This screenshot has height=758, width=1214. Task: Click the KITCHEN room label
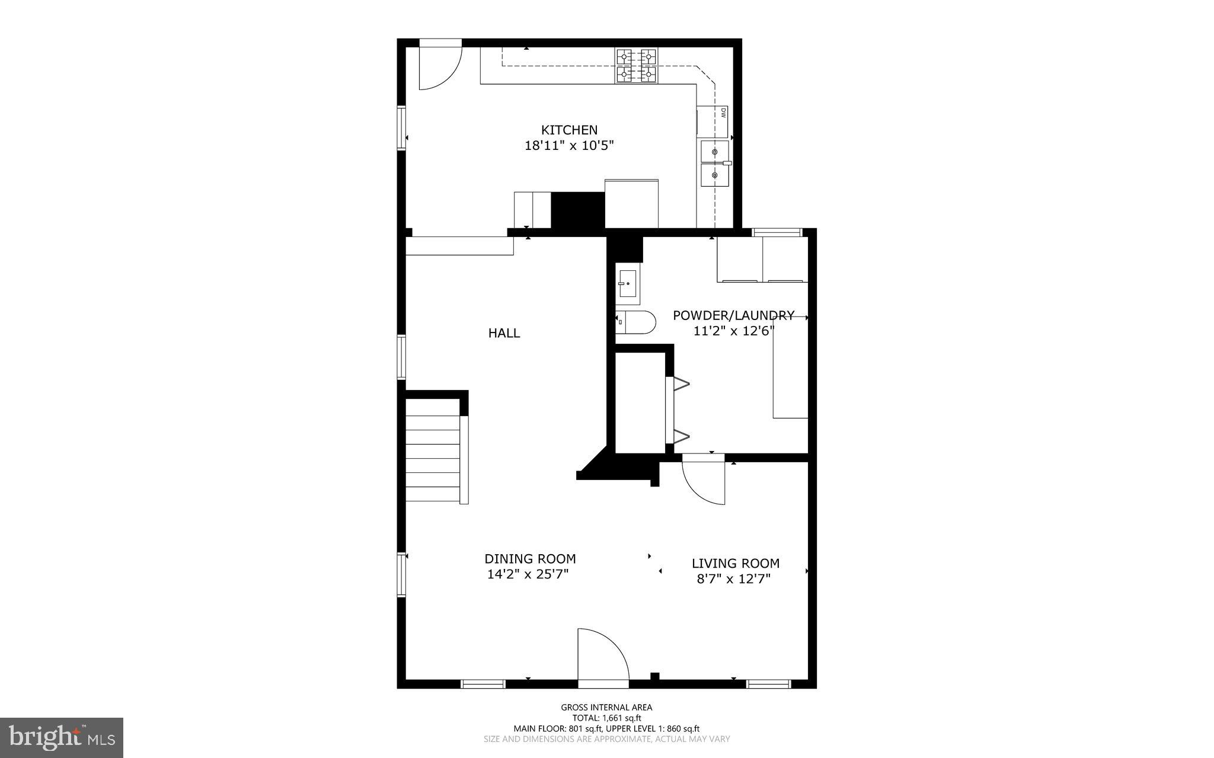point(569,130)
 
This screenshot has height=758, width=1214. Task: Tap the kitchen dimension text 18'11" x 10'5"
point(569,146)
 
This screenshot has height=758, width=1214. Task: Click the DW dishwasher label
point(723,113)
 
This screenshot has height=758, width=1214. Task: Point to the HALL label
point(504,333)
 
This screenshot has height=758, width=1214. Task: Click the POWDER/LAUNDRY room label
point(733,315)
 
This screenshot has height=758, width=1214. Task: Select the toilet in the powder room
point(636,322)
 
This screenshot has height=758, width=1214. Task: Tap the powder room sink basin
point(627,283)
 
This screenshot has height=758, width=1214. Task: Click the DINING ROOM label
point(530,559)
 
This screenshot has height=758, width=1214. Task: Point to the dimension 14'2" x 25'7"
point(528,574)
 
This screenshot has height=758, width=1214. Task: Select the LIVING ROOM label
point(736,564)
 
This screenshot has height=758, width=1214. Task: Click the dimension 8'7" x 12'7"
point(733,579)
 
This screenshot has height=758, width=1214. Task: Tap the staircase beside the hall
point(433,450)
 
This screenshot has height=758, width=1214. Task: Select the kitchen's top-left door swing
point(439,65)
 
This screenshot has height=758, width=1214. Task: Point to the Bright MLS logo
point(62,737)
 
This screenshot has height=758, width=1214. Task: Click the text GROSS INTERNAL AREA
point(606,707)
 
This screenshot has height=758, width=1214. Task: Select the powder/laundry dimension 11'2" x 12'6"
point(734,331)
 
